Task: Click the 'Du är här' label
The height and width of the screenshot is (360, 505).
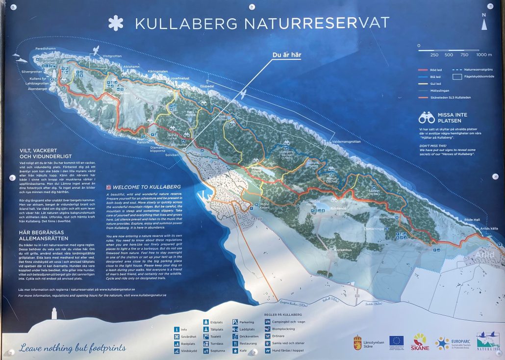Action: (287, 54)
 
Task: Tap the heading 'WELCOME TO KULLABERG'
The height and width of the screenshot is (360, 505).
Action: (147, 187)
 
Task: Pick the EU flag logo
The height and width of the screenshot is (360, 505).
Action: (396, 340)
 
